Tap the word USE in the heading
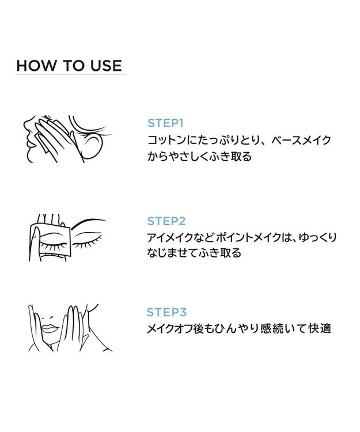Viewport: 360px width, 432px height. [x=107, y=66]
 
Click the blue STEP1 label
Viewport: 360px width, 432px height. [x=165, y=123]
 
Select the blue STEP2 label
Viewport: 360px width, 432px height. [x=166, y=221]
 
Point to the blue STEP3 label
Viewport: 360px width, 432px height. [x=166, y=312]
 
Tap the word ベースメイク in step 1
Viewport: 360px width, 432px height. [x=301, y=140]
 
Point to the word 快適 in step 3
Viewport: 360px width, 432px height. [x=320, y=328]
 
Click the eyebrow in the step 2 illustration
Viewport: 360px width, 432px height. [x=89, y=222]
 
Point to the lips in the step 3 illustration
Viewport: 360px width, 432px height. [x=50, y=328]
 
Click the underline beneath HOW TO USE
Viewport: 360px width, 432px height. [x=71, y=74]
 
